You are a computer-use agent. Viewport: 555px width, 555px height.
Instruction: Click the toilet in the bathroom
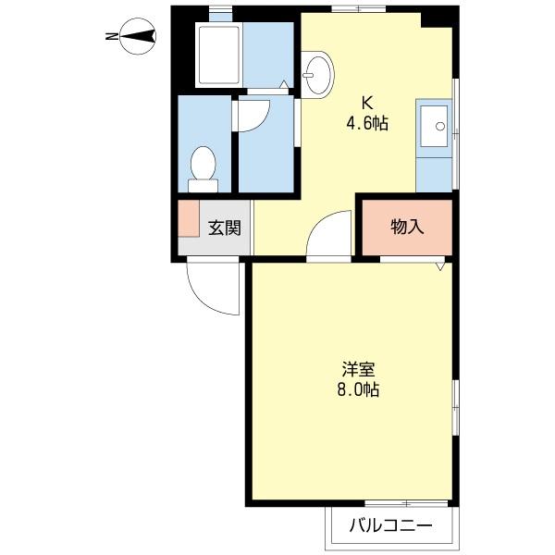[202, 167]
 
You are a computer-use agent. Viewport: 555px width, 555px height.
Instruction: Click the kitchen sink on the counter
[433, 126]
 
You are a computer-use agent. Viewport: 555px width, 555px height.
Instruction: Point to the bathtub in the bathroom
[218, 55]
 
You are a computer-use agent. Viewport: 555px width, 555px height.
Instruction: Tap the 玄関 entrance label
[223, 227]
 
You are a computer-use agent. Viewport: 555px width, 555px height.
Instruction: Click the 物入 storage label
[407, 227]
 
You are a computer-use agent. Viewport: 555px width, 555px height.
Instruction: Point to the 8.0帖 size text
[358, 389]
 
